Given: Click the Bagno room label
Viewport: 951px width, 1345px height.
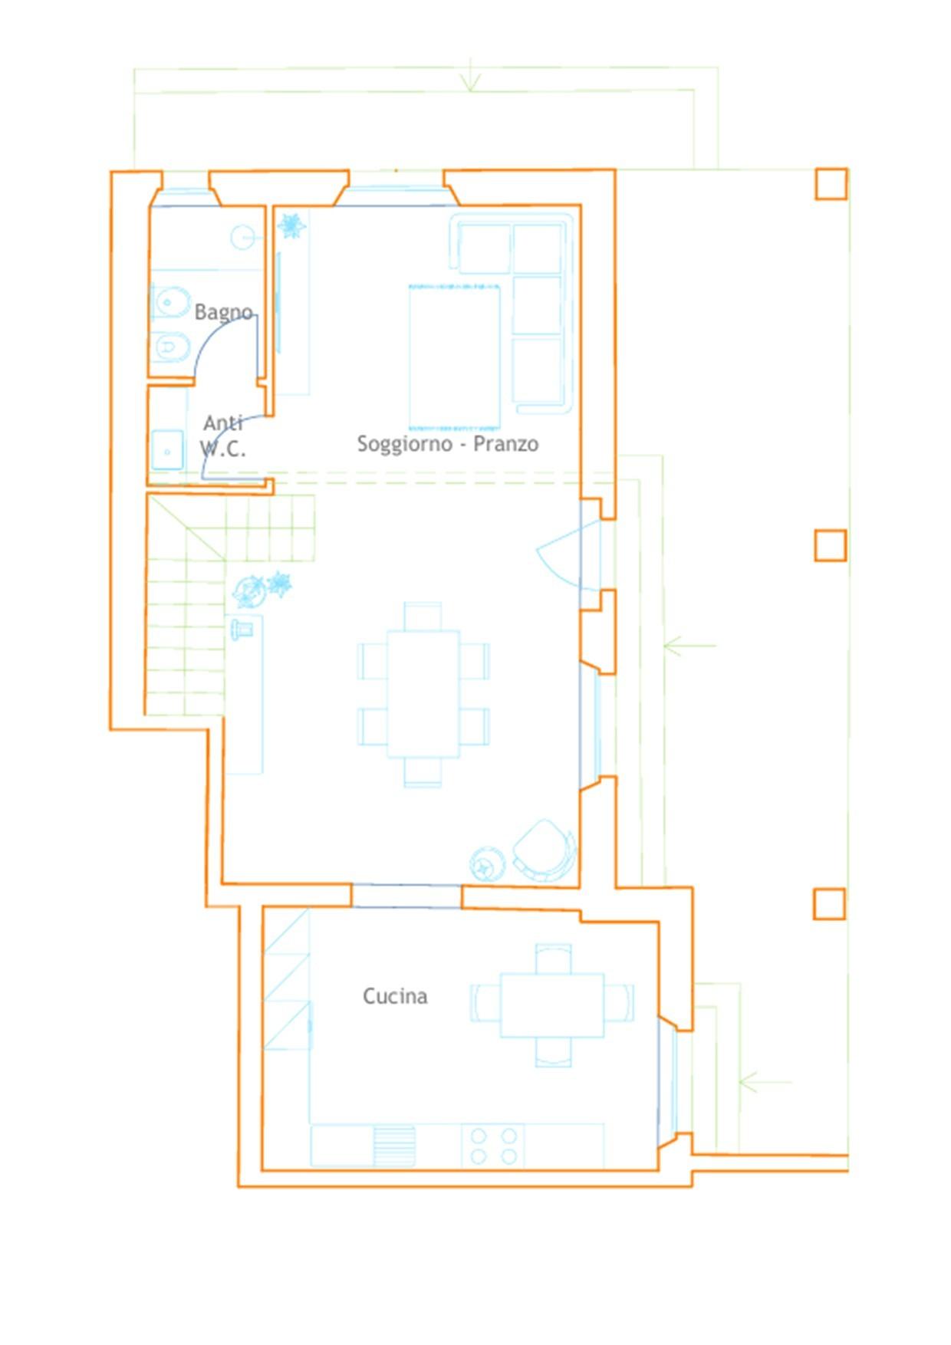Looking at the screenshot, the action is pos(223,312).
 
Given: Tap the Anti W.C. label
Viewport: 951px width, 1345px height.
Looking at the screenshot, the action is pos(223,436).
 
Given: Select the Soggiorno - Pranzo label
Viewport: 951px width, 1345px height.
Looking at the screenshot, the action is pos(448,443).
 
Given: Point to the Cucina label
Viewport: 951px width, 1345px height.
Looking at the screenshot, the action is pos(395,996).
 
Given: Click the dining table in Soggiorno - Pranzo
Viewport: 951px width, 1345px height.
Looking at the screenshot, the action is pos(423,694).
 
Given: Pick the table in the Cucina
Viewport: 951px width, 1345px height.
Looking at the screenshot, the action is pos(552,1005).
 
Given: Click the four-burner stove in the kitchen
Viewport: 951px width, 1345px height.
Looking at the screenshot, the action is pos(493,1146).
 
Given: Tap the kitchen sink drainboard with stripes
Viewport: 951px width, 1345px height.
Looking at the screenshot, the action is pos(394,1146).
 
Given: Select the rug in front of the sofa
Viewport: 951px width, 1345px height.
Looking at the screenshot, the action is pos(455,357).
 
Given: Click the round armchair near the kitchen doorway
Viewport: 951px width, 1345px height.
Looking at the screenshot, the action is pos(545,850).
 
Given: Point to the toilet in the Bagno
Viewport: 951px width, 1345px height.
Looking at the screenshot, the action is pos(169,303).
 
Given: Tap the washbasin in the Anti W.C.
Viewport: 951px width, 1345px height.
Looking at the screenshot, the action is pos(167,450).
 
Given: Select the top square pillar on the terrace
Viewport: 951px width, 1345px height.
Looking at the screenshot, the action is pos(831,184).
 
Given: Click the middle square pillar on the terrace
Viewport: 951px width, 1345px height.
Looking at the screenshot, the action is pos(831,545).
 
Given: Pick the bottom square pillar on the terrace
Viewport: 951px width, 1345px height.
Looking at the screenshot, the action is pos(829,904).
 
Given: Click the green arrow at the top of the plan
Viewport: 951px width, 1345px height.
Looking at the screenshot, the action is pos(470,74).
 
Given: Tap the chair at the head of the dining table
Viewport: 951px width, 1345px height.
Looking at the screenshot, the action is pos(423,617).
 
